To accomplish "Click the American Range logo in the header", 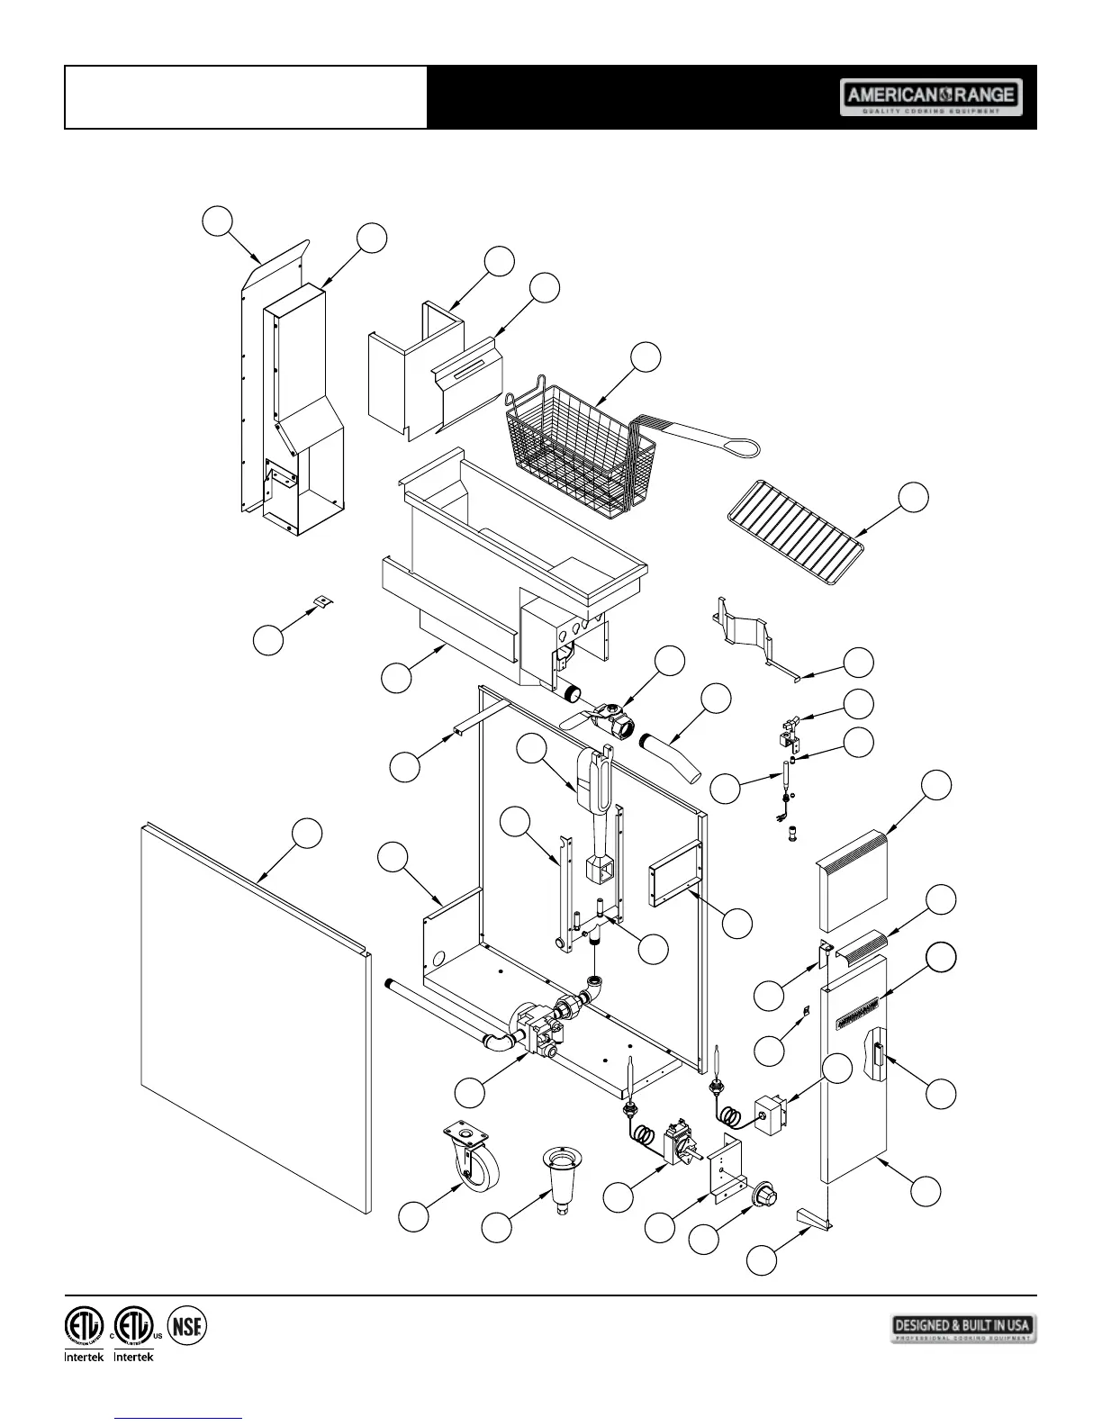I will tap(931, 97).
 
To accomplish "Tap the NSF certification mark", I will tap(187, 1325).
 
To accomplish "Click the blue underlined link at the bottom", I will tap(180, 1418).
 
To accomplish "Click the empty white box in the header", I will tap(246, 97).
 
